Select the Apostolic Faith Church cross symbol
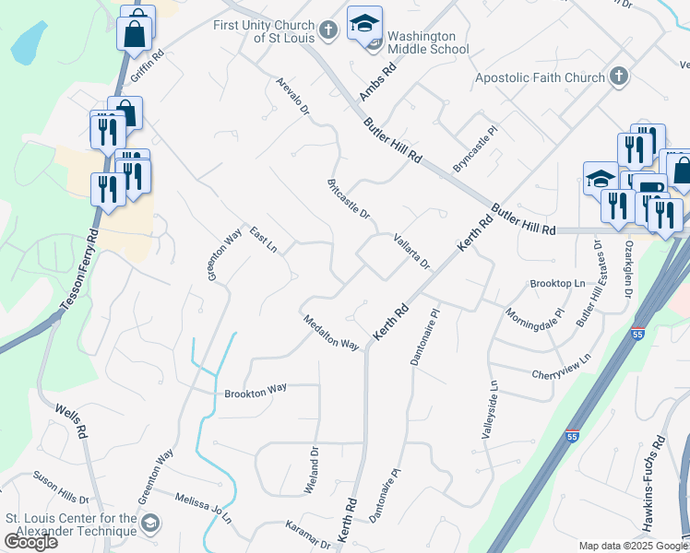618,76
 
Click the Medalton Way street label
331,332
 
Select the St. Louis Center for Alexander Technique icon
151,524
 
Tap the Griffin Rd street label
147,66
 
